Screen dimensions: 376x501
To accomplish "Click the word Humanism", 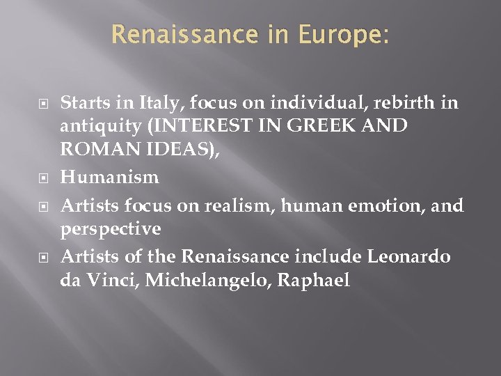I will [110, 178].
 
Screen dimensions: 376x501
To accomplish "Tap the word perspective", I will [111, 228].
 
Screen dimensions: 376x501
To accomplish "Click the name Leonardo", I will [410, 257].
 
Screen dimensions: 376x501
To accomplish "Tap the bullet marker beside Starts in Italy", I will [45, 104].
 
